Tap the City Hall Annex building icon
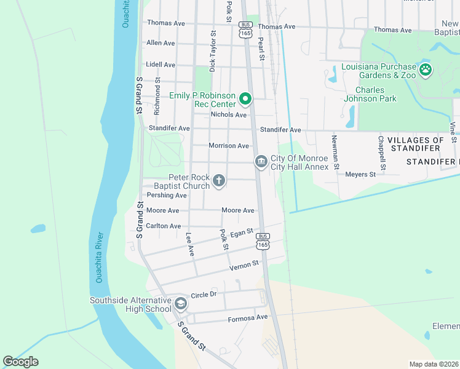[x=261, y=162]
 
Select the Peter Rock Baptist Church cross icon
[x=218, y=181]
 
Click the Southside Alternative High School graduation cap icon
[x=181, y=304]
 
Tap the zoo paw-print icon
[x=426, y=70]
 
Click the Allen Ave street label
[x=161, y=43]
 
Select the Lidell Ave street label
[x=161, y=65]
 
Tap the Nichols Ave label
[x=228, y=115]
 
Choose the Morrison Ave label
[x=228, y=146]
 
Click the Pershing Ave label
[x=166, y=196]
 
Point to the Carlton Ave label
[x=164, y=226]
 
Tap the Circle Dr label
[x=205, y=295]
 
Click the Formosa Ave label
[x=248, y=318]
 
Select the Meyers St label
[x=360, y=175]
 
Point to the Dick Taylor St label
[x=213, y=52]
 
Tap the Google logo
[x=21, y=362]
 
